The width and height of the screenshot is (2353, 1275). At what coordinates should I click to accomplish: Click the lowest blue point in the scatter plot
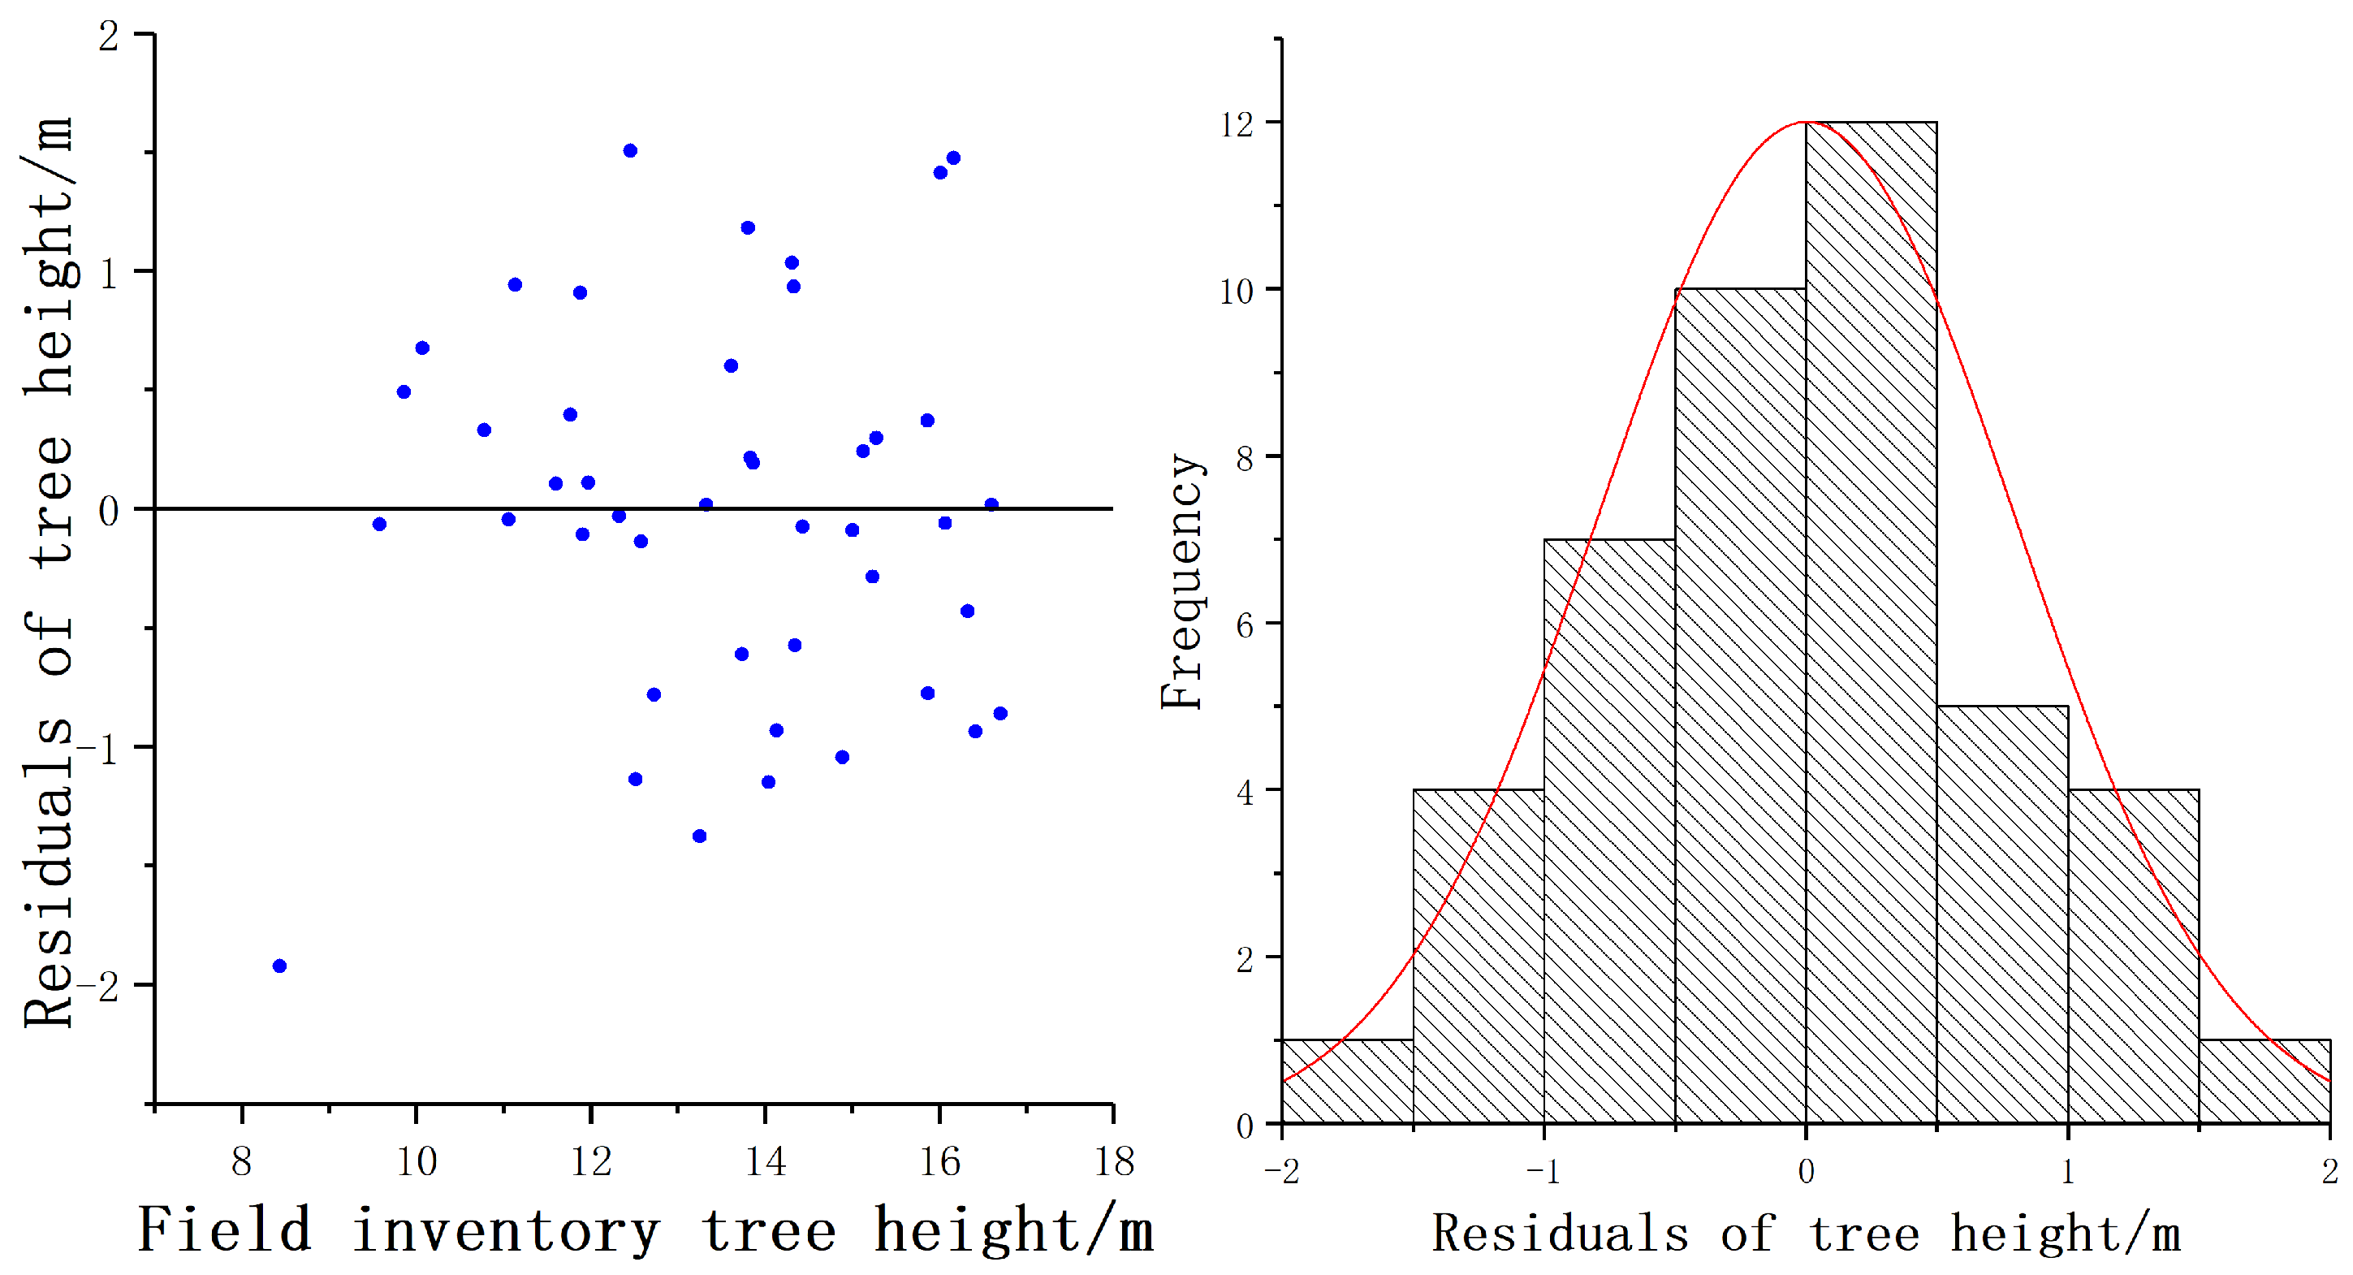tap(279, 966)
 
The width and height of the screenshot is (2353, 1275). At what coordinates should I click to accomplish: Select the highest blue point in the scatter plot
tap(630, 151)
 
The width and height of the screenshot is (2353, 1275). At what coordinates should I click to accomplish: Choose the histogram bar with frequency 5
tap(2002, 914)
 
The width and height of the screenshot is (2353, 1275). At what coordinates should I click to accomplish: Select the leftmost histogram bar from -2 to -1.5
tap(1347, 1082)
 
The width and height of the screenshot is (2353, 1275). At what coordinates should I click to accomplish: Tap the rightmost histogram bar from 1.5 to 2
tap(2264, 1082)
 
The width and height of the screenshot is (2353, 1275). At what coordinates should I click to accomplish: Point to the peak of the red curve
tap(1806, 123)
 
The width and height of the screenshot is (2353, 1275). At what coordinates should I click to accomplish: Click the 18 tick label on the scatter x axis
tap(1113, 1162)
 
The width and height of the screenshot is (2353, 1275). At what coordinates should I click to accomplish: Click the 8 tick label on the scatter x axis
tap(241, 1162)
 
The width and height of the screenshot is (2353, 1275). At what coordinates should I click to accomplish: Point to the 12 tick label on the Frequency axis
tap(1237, 124)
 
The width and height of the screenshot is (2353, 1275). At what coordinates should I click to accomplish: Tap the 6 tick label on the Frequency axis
tap(1245, 625)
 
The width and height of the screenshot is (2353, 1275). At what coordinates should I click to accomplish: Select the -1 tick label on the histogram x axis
tap(1543, 1172)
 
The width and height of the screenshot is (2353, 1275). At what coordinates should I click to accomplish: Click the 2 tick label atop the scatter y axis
tap(109, 37)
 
